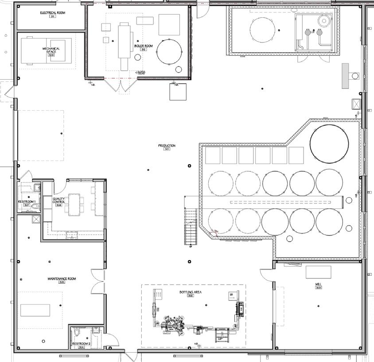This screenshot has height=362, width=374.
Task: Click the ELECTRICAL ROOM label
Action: coord(52,13)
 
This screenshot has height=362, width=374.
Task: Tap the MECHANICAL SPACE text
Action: coord(51,50)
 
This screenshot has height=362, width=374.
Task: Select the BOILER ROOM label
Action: coord(143,46)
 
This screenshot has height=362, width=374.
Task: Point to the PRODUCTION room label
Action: coord(167,146)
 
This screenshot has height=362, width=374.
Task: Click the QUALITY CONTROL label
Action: coord(59,200)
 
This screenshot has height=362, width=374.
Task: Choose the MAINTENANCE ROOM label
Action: coord(62,279)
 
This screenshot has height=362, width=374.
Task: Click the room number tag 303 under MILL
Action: coord(318,288)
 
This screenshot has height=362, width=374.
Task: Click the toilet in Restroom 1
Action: coord(35,206)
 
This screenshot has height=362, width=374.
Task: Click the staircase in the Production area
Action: coord(190,226)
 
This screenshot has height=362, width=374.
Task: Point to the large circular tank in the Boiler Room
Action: coord(169,51)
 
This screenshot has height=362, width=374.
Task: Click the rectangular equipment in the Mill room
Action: coord(318,272)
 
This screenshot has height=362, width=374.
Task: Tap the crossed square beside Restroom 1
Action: coord(35,219)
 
